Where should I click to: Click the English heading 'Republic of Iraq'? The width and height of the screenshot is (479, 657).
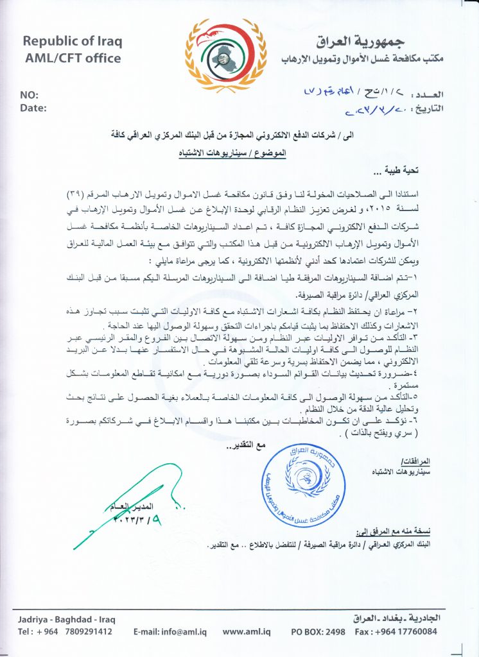pyautogui.click(x=73, y=42)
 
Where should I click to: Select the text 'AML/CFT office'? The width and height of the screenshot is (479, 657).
pyautogui.click(x=73, y=58)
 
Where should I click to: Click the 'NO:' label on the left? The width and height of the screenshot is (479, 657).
pyautogui.click(x=30, y=94)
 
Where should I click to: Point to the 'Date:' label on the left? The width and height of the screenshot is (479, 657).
pyautogui.click(x=33, y=107)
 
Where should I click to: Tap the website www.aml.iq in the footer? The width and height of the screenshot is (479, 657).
pyautogui.click(x=246, y=631)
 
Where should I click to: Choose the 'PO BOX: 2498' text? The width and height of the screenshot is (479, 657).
pyautogui.click(x=318, y=631)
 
